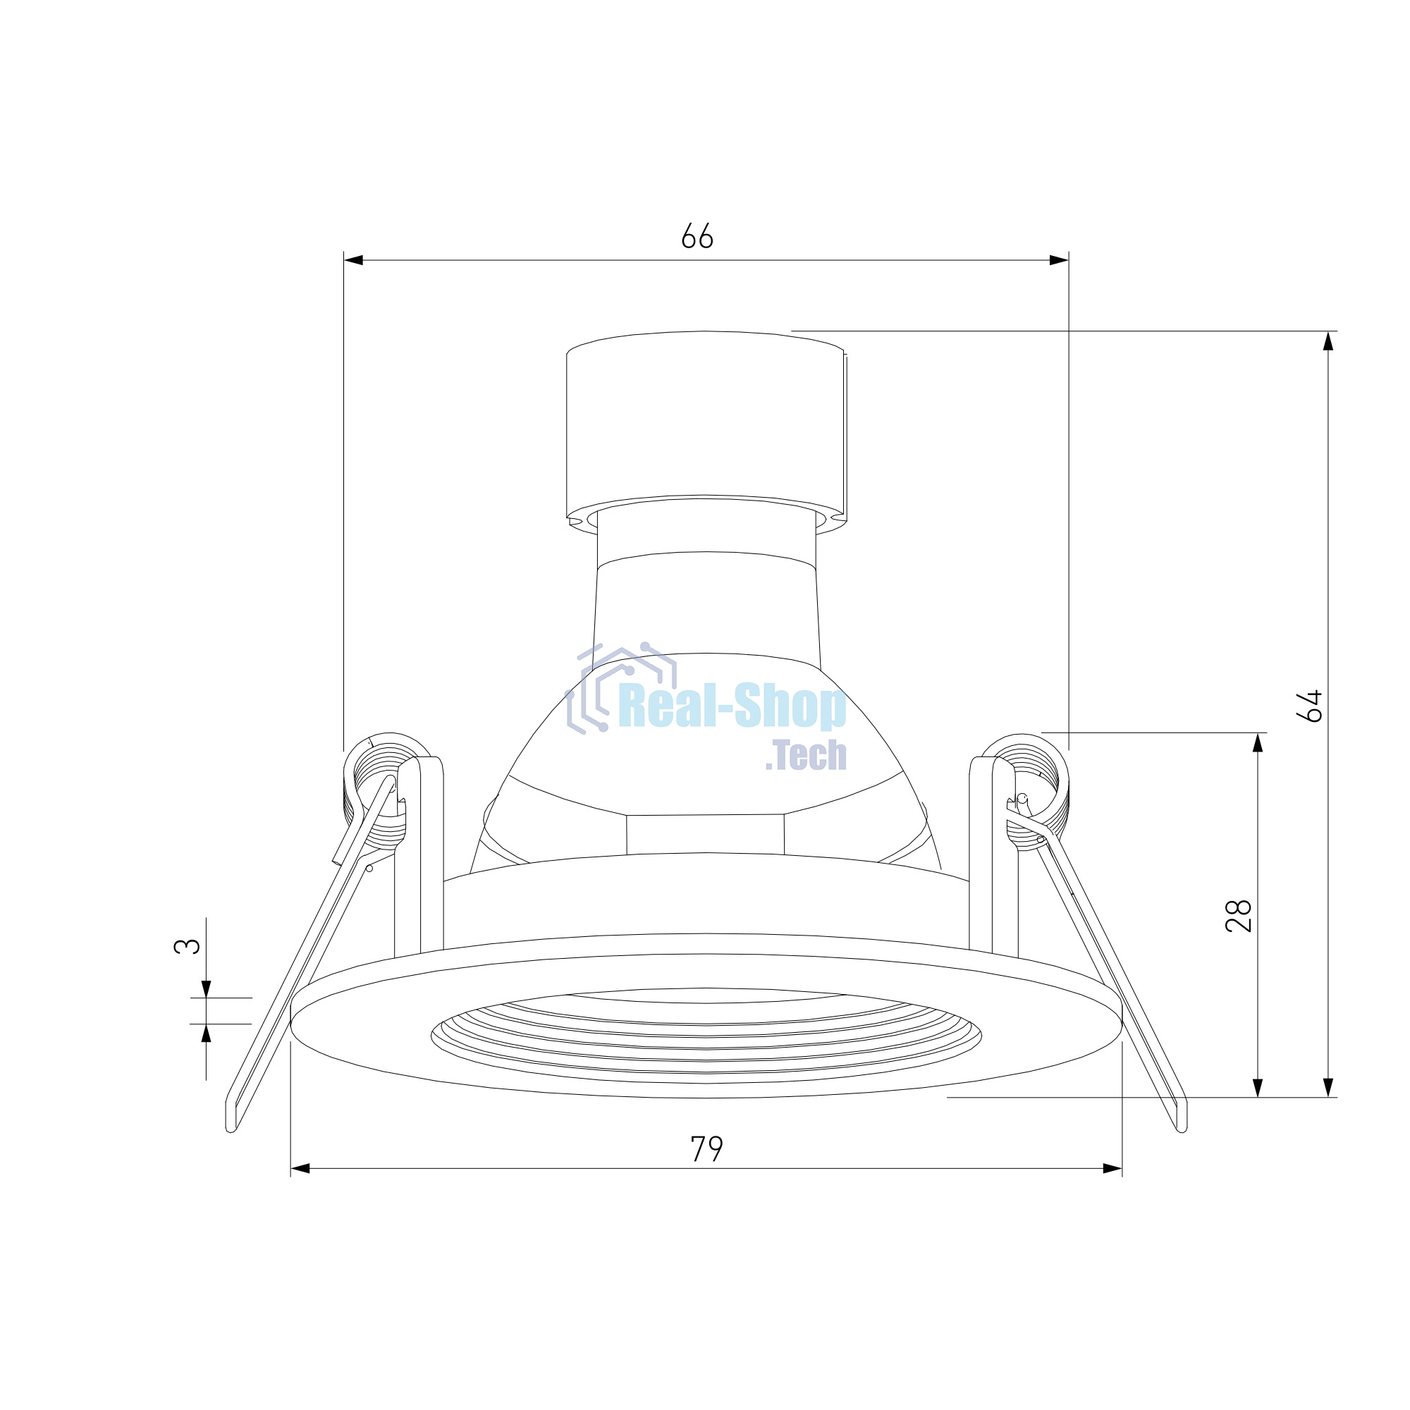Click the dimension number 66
pos(697,235)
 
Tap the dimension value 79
pos(706,1148)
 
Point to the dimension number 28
pos(1239,915)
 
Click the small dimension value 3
pos(187,946)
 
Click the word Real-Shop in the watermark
pos(732,706)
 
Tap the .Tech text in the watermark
pos(806,755)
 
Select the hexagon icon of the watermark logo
pos(620,687)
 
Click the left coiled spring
pos(379,791)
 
